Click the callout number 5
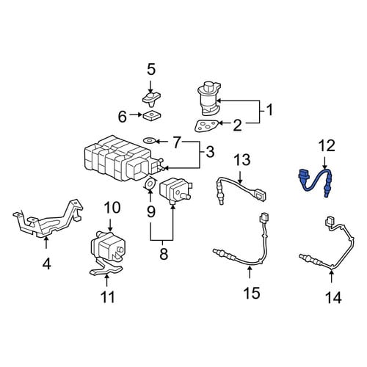(151, 70)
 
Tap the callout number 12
(327, 145)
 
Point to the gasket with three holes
(207, 126)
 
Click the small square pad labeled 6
(152, 115)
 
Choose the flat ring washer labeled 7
(149, 140)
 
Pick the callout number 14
(333, 298)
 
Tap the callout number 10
(112, 208)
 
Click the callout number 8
(164, 254)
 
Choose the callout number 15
(252, 293)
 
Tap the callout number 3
(210, 152)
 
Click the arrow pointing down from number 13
(240, 177)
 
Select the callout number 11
(108, 297)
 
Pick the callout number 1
(269, 110)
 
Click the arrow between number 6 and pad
(137, 115)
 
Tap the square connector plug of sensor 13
(260, 195)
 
